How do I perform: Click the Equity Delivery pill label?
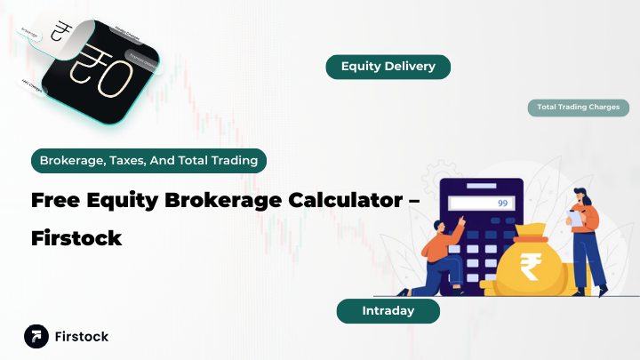pos(388,67)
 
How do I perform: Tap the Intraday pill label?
pos(388,311)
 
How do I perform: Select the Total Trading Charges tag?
pos(578,108)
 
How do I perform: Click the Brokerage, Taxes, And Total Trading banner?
pos(148,161)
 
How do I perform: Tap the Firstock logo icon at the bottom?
pos(36,337)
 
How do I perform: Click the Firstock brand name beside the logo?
pos(81,337)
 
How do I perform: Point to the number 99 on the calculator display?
pos(502,204)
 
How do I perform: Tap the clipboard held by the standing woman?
pos(576,214)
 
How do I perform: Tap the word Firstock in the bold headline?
pos(76,238)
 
